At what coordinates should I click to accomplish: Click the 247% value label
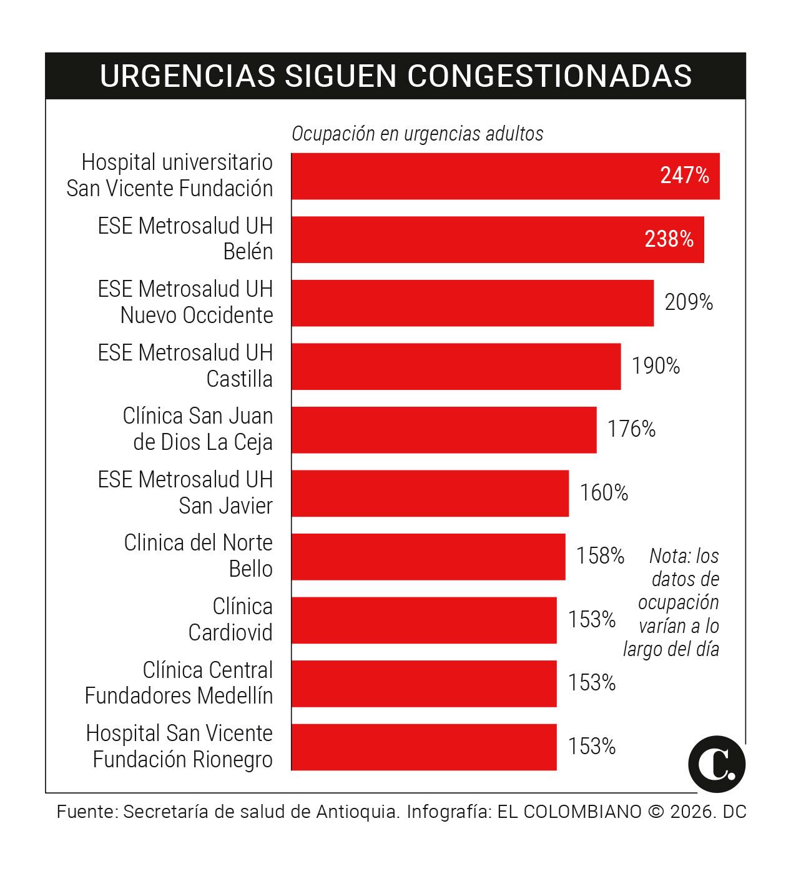point(684,176)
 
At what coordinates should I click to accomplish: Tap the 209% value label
point(688,302)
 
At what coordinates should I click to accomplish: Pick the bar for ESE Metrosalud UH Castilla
point(456,366)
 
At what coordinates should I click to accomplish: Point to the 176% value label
point(631,429)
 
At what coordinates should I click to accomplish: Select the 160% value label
point(604,493)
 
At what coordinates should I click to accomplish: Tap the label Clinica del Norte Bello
point(198,555)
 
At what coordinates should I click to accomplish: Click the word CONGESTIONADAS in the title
point(549,76)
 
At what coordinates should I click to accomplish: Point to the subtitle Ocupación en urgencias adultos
point(417,134)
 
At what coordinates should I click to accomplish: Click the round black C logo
point(717,764)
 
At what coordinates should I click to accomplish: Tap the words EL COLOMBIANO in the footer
point(569,812)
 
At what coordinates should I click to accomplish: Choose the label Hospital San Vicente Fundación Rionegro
point(180,746)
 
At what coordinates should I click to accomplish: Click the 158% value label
point(599,555)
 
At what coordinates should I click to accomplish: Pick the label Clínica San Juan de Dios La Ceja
point(198,429)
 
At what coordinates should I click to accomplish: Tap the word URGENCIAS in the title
point(187,76)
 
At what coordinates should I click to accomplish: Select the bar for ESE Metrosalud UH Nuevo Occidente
point(472,303)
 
